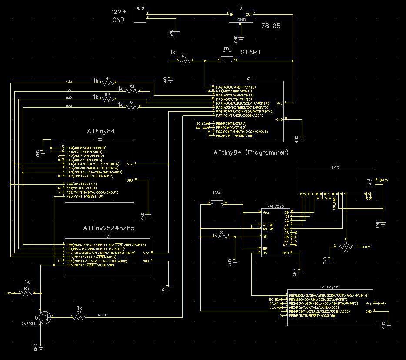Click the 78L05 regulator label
(x=271, y=26)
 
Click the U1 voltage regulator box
(x=241, y=16)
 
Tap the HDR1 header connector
(x=140, y=16)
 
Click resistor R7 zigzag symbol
(x=184, y=61)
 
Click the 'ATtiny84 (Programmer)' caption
(x=251, y=152)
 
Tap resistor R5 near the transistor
(x=27, y=294)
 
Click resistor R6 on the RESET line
(x=79, y=317)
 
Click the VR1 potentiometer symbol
(x=346, y=246)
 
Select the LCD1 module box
(x=336, y=181)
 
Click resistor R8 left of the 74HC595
(x=220, y=236)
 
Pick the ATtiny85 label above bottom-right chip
(x=331, y=287)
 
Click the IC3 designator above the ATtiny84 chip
(x=99, y=139)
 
